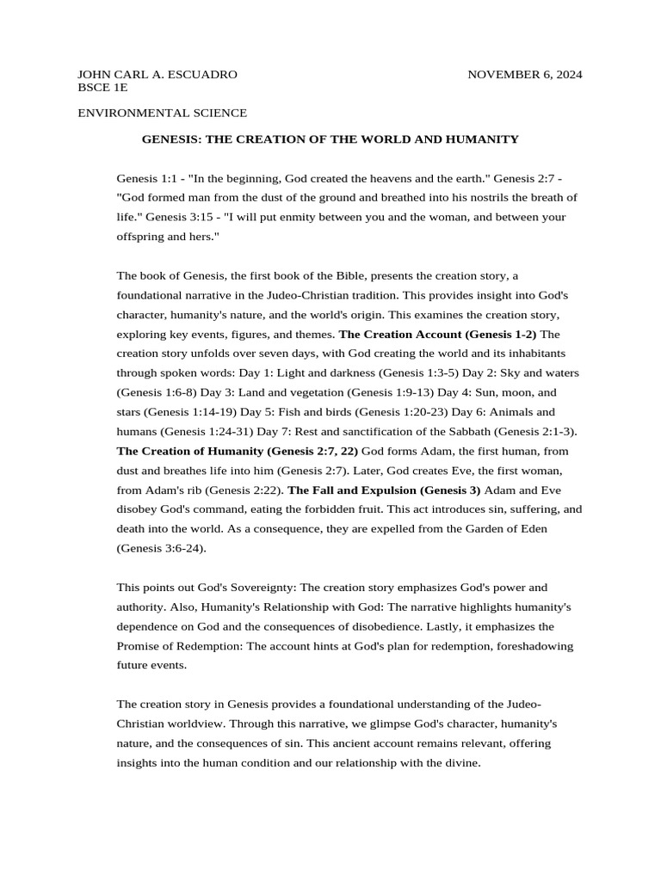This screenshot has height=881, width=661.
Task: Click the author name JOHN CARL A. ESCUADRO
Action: tap(158, 75)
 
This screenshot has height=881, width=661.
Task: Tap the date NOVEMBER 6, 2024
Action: tap(524, 75)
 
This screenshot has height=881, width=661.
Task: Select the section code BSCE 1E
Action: tap(103, 88)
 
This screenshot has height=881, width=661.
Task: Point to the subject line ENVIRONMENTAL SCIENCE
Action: tap(163, 113)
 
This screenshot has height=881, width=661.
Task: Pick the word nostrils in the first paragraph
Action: tap(459, 197)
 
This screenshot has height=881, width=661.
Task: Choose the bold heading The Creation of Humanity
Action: tap(190, 451)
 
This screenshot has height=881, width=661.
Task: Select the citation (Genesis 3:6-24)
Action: tap(161, 548)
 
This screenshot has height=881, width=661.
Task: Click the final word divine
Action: tap(460, 762)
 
